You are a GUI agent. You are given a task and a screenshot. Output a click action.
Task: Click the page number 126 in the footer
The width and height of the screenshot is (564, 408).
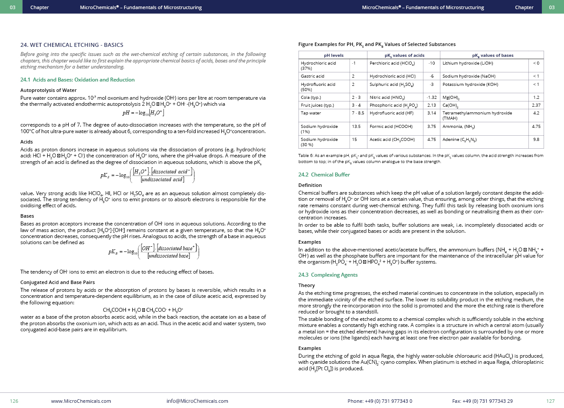[14, 401]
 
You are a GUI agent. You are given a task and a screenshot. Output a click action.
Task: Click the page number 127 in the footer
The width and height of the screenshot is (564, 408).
[550, 401]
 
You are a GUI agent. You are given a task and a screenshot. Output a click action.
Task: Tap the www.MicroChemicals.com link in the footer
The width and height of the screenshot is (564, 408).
[81, 401]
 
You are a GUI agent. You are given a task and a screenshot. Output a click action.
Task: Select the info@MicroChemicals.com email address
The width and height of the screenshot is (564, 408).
[197, 401]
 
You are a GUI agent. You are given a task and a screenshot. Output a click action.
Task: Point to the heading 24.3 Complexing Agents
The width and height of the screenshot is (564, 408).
[328, 275]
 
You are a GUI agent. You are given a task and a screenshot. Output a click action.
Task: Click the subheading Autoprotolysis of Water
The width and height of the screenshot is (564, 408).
[48, 90]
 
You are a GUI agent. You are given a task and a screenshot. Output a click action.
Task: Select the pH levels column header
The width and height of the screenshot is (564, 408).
[334, 55]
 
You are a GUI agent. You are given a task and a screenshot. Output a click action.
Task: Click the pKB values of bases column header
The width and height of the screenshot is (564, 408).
[492, 55]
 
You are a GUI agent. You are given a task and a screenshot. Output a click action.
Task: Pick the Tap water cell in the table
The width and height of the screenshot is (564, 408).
[311, 113]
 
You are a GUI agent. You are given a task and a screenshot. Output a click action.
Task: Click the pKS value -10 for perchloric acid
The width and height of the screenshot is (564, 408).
[432, 63]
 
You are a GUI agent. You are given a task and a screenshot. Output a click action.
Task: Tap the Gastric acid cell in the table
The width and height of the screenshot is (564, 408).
[312, 76]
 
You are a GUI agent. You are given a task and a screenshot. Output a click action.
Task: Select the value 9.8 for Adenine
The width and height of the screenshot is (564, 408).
[536, 140]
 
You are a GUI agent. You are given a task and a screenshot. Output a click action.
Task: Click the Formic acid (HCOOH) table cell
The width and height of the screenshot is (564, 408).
[391, 127]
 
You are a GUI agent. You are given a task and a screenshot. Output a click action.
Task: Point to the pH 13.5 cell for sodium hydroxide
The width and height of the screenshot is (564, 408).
[356, 127]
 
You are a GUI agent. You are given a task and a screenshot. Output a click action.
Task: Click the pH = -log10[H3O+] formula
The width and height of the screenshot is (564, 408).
[143, 113]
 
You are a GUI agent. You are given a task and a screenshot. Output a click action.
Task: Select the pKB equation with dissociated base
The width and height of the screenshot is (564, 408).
[154, 251]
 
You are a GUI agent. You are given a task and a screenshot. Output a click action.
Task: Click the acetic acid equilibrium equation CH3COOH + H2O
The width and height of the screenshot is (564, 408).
[143, 310]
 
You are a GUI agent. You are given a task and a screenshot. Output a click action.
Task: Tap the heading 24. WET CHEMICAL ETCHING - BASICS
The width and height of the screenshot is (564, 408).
[72, 45]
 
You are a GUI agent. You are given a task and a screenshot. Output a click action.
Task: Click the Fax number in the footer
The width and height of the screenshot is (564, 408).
[482, 401]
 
